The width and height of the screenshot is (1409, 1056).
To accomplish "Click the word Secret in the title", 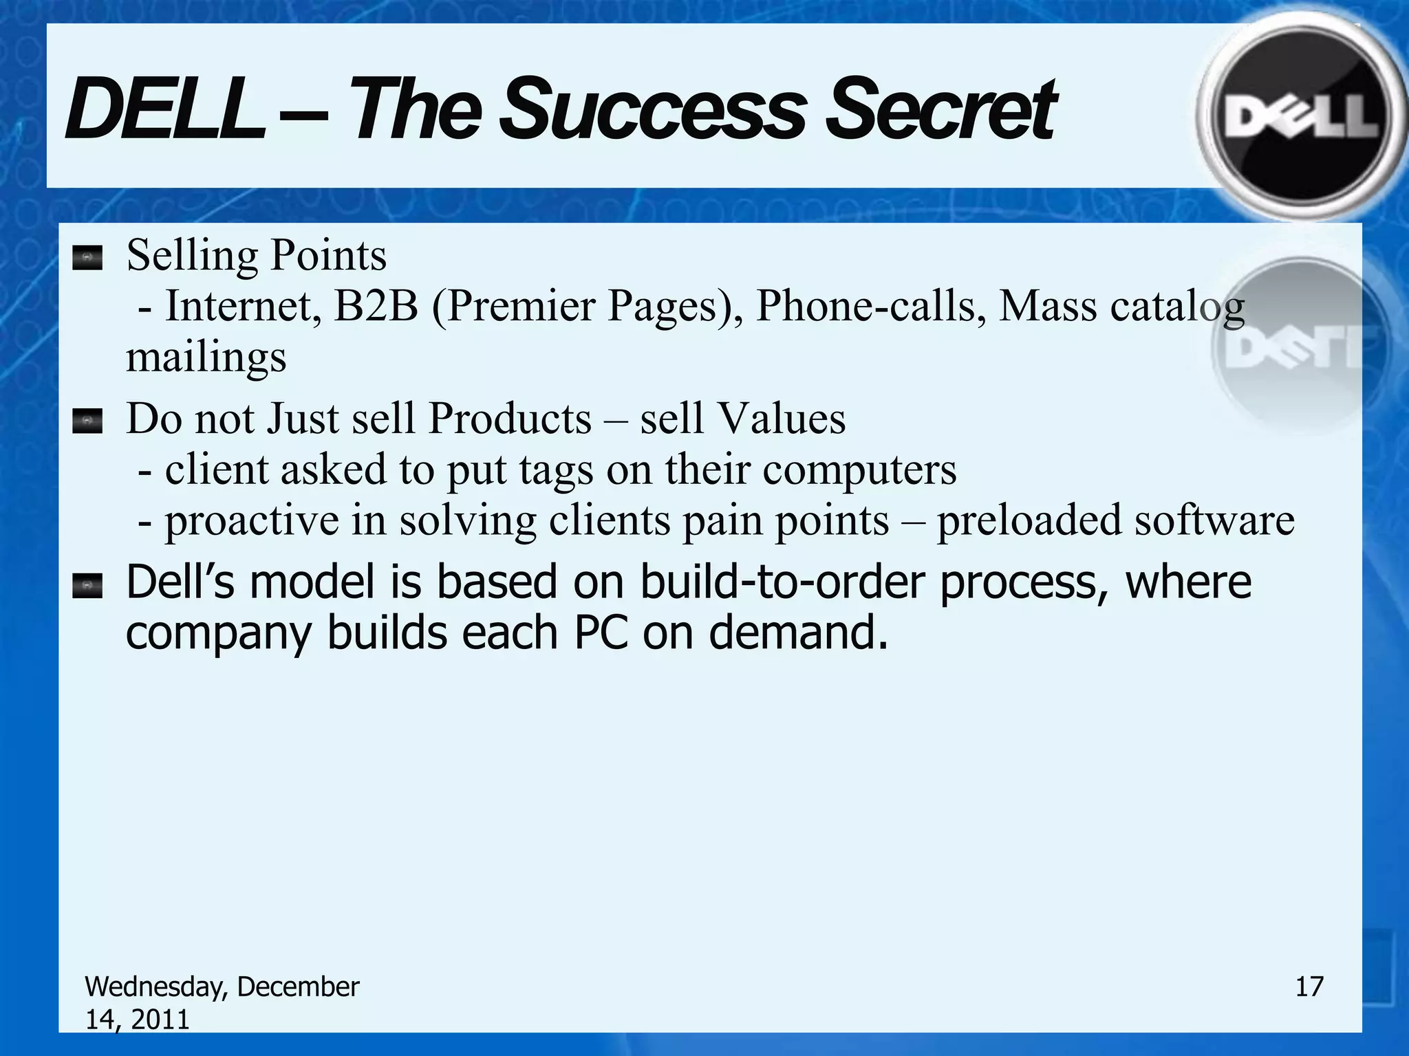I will click(x=939, y=110).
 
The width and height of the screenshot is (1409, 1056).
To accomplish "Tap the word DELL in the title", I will click(x=165, y=110).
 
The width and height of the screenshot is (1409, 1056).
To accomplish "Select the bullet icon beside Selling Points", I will click(x=87, y=258).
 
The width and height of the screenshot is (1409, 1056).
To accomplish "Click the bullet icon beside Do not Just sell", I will click(x=87, y=421).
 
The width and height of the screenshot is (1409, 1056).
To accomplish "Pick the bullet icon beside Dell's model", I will click(x=87, y=586).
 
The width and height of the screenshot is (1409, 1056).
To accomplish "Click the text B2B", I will click(x=376, y=306).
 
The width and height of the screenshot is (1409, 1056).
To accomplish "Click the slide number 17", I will click(x=1309, y=987).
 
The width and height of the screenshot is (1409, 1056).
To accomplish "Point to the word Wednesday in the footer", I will click(x=156, y=987).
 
